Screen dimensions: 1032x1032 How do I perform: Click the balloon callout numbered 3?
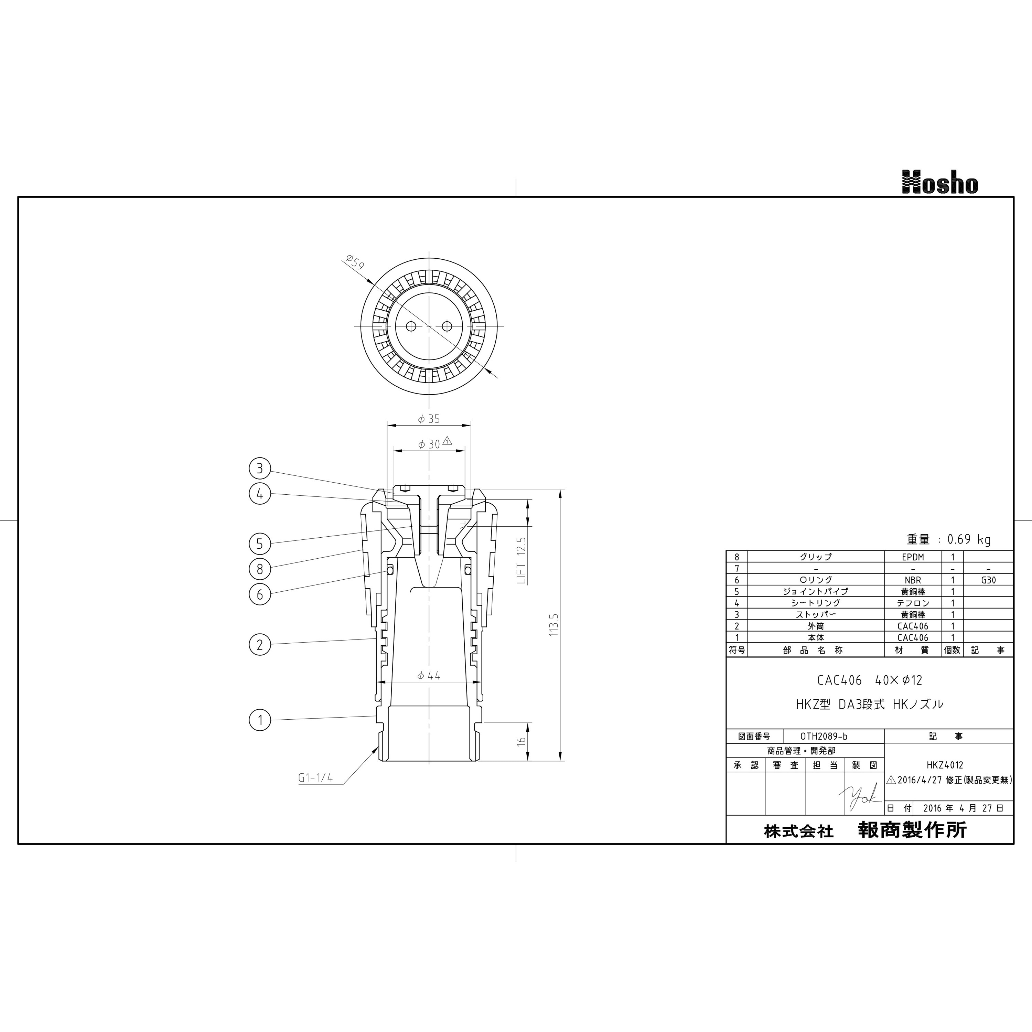click(260, 469)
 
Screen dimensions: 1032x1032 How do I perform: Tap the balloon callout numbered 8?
click(260, 569)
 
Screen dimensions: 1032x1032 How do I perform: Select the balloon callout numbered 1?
click(260, 720)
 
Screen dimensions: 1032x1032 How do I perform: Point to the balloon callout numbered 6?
click(260, 594)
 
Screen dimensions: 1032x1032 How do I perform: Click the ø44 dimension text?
click(429, 676)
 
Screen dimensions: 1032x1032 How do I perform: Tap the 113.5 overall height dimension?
click(553, 624)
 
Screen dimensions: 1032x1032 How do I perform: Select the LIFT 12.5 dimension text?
click(522, 560)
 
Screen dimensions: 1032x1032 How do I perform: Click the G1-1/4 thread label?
click(315, 778)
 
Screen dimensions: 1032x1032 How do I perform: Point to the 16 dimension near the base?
click(522, 741)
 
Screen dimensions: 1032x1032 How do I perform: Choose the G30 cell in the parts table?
click(988, 580)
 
